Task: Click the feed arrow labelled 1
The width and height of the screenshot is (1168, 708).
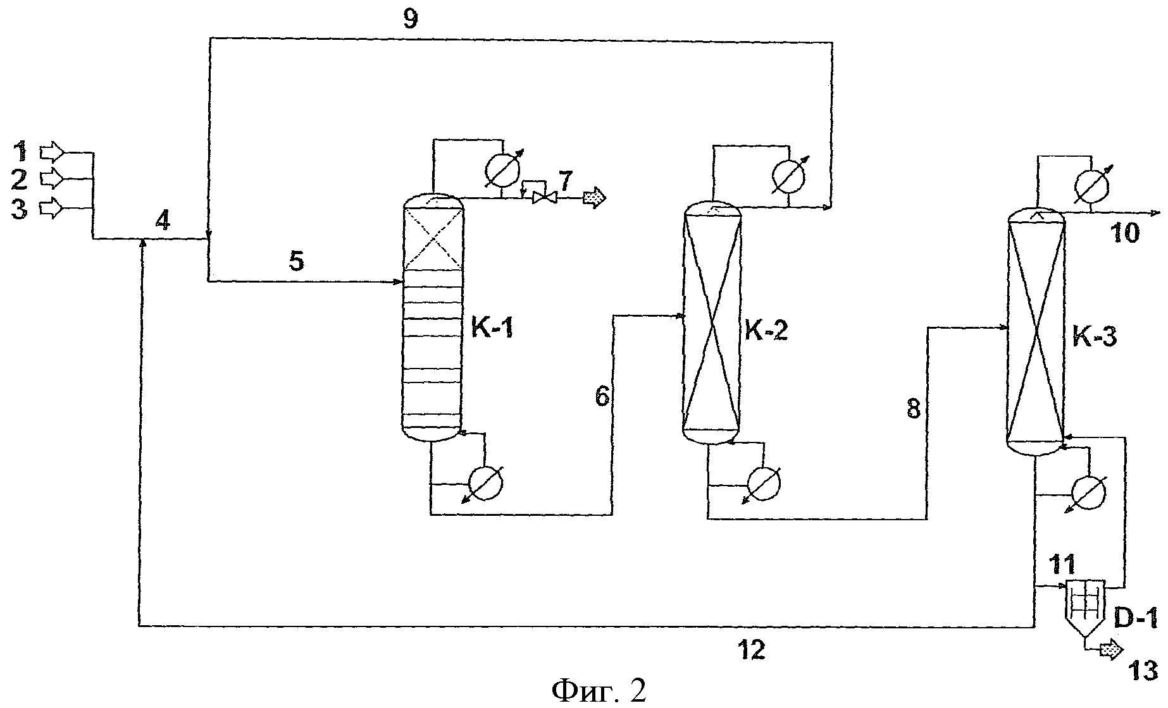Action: point(52,152)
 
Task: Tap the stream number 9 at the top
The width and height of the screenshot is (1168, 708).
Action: point(411,20)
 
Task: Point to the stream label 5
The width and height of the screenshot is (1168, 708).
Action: point(297,260)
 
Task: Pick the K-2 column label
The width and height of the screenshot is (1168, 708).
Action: point(766,331)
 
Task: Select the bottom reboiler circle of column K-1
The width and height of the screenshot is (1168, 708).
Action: point(485,484)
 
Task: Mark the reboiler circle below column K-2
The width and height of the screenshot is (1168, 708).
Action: point(764,484)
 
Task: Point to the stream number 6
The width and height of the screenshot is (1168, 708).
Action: point(602,396)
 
